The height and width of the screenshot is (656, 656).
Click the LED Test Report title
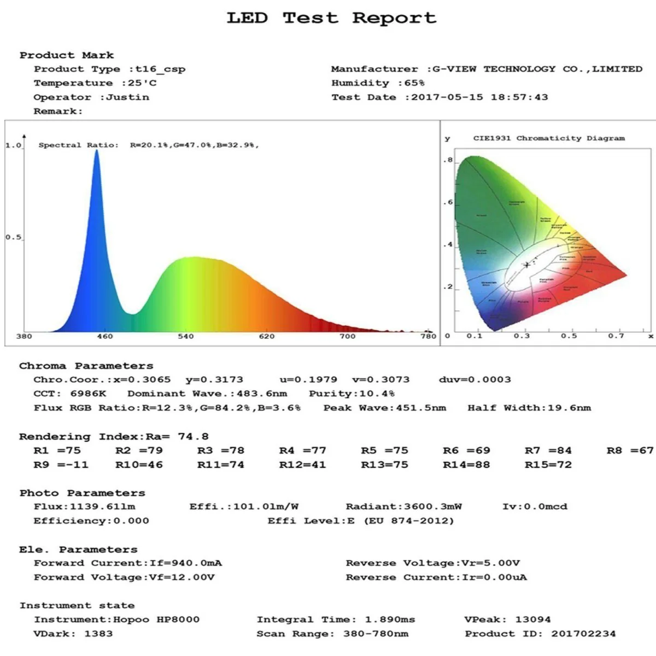pyautogui.click(x=331, y=18)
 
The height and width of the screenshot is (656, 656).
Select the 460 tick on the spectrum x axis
pyautogui.click(x=104, y=336)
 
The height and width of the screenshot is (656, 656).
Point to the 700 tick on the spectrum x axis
pyautogui.click(x=347, y=336)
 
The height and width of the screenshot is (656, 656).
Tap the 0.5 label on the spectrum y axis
pyautogui.click(x=13, y=237)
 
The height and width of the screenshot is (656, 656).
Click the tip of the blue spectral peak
pyautogui.click(x=97, y=150)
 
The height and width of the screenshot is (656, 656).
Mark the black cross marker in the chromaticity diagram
pyautogui.click(x=527, y=265)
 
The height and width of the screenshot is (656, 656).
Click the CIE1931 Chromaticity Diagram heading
pyautogui.click(x=548, y=138)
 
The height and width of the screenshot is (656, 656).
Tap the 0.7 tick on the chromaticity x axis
pyautogui.click(x=616, y=336)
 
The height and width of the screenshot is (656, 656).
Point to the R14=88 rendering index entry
pyautogui.click(x=466, y=465)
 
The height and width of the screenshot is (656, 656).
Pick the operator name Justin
pyautogui.click(x=127, y=97)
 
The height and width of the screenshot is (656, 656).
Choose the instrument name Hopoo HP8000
pyautogui.click(x=156, y=619)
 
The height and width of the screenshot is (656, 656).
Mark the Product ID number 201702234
pyautogui.click(x=583, y=634)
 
